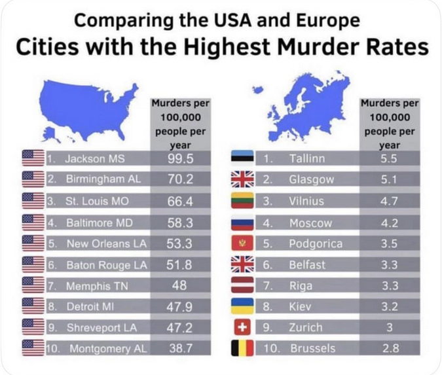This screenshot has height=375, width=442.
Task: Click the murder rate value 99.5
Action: (180, 158)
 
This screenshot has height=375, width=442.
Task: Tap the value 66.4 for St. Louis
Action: (180, 201)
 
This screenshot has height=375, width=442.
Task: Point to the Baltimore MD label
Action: (99, 223)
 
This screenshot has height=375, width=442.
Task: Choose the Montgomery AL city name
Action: (107, 348)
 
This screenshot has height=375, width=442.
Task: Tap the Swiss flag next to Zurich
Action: (242, 327)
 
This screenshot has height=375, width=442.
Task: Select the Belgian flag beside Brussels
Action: (242, 348)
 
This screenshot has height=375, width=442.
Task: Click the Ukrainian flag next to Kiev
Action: (242, 306)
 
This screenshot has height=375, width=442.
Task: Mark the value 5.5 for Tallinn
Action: (390, 158)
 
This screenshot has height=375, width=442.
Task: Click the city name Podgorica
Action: (316, 243)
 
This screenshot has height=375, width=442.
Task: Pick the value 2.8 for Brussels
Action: (390, 348)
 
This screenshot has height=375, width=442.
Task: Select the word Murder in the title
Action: (333, 47)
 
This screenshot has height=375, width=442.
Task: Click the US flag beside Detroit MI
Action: (33, 306)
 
